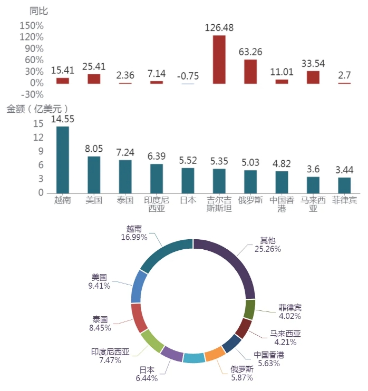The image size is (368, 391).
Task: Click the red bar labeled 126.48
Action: point(219,60)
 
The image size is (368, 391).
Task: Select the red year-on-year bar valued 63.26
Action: point(250,72)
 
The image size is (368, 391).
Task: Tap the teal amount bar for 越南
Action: point(63,160)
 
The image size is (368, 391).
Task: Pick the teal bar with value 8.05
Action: point(94,174)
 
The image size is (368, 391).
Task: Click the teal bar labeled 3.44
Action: point(344,185)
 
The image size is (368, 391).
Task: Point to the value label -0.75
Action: point(188,76)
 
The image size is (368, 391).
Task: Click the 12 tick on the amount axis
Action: point(38,138)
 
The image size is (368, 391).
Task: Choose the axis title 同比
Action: point(38,11)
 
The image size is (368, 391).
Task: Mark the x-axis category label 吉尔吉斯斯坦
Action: point(219,204)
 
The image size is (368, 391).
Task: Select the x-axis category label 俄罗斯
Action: point(250,201)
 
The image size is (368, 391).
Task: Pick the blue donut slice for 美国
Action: point(139,286)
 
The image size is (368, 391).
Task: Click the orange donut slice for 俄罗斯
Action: point(215,354)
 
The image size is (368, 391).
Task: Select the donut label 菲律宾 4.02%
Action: point(290,311)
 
